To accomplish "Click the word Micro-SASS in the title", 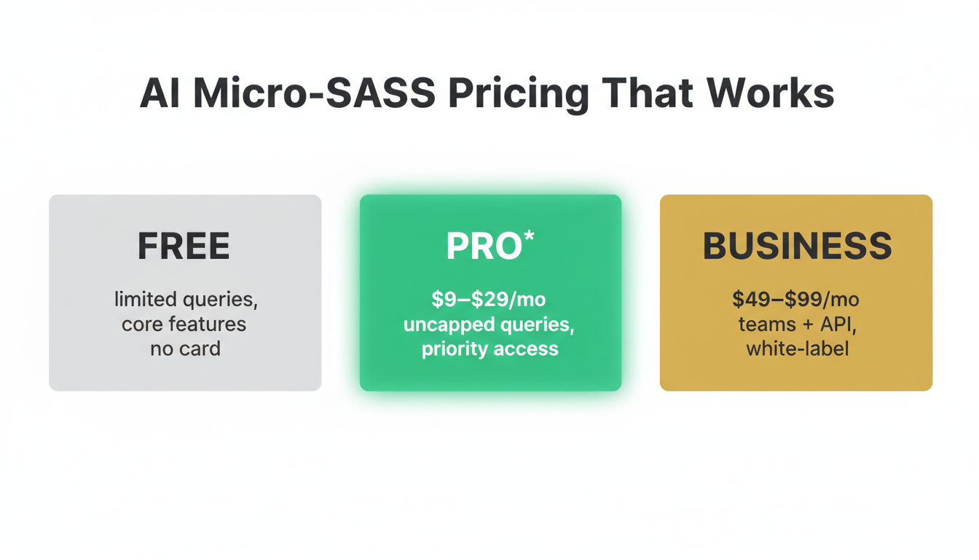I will (314, 94).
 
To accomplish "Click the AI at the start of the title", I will (160, 94).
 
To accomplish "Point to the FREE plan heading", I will (184, 246).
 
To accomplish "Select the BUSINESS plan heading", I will (797, 246).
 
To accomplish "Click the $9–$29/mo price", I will (489, 300).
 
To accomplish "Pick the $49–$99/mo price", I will (795, 299).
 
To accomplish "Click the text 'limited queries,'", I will (186, 300).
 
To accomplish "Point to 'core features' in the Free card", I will (184, 324).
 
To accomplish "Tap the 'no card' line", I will (185, 349).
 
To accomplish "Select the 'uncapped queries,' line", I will (489, 324).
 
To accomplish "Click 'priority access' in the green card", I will (489, 349).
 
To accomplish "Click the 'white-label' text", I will (797, 349).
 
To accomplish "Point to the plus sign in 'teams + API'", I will (804, 324).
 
